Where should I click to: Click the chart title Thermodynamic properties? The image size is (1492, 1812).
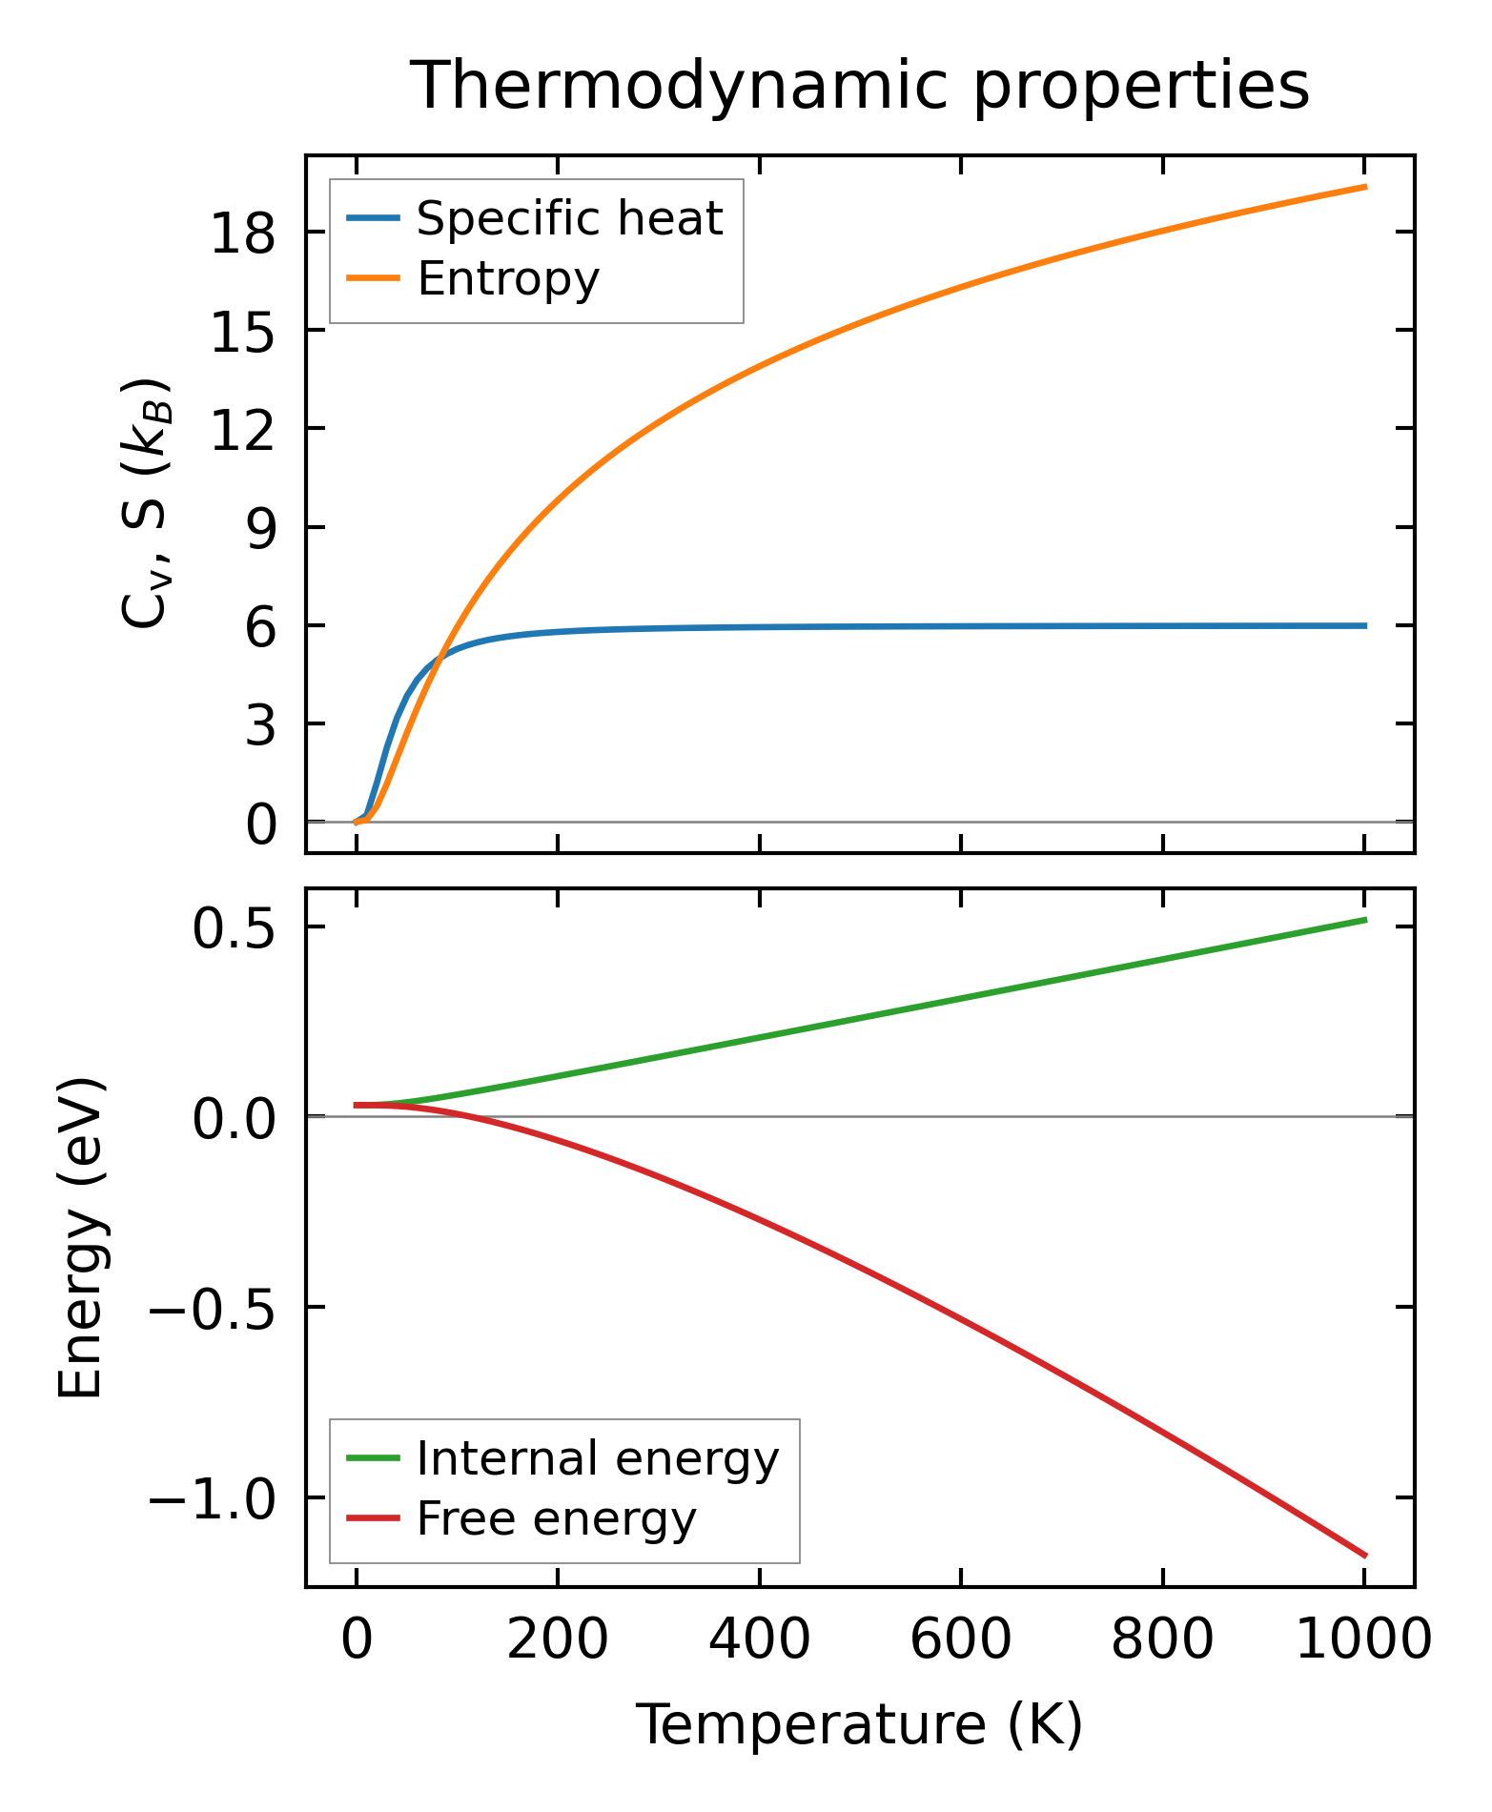(859, 87)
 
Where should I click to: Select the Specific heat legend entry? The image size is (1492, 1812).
(569, 219)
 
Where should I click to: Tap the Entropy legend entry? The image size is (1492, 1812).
(508, 279)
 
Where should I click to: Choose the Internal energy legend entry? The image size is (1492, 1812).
(598, 1458)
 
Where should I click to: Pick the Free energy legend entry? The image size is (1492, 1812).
(557, 1518)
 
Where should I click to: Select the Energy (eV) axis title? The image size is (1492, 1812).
(80, 1238)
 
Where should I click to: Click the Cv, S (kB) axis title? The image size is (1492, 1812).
(145, 503)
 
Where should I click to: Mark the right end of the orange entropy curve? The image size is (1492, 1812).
(1365, 187)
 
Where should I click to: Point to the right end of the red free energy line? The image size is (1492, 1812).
(1365, 1556)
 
